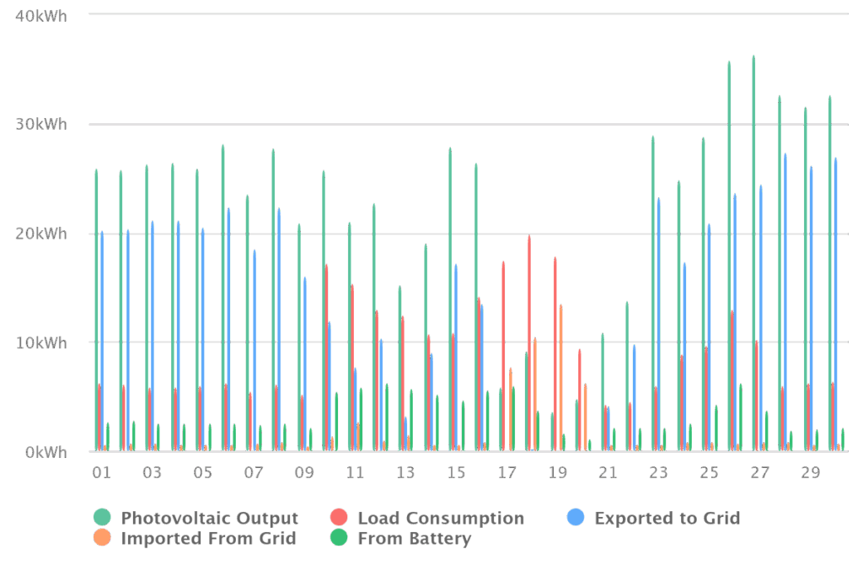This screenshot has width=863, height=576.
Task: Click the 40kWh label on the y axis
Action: point(41,16)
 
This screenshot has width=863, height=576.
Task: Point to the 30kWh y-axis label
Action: point(41,125)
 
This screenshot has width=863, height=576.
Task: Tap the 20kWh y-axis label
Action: point(41,234)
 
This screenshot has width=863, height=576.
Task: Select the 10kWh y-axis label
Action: point(41,343)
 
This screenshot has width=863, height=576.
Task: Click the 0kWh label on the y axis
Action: point(46,453)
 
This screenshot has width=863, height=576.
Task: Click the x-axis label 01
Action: point(101,473)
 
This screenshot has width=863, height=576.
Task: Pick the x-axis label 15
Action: point(456,473)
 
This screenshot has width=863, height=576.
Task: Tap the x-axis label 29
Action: point(810,473)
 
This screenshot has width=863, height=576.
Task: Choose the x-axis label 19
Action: point(557,473)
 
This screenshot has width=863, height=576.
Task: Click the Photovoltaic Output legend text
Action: point(209,518)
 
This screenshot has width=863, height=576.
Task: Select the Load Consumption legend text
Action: point(440,518)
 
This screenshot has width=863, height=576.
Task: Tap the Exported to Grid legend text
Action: point(667,518)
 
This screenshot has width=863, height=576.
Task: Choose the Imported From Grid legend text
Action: point(208,538)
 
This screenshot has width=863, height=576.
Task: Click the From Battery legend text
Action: point(414,538)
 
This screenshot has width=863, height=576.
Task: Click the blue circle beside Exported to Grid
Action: point(576,518)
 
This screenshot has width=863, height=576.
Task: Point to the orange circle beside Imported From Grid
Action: point(102,538)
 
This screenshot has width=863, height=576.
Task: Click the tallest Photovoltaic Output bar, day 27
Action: point(753,253)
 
